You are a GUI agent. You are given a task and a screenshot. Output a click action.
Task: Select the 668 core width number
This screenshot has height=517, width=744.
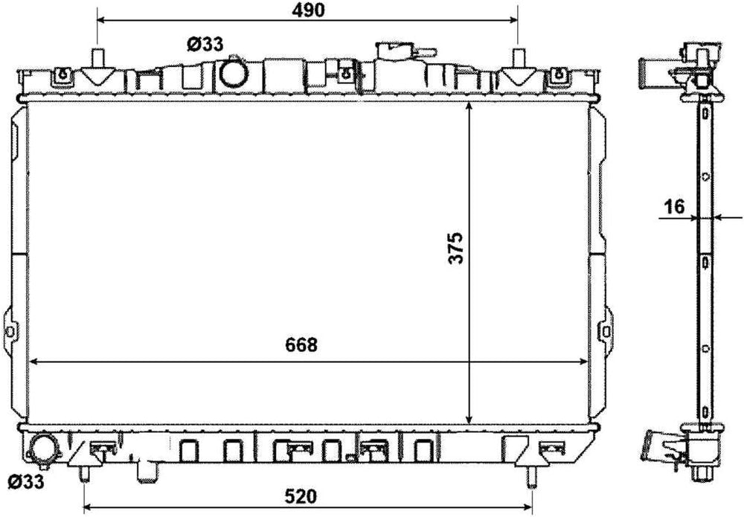pyautogui.click(x=301, y=345)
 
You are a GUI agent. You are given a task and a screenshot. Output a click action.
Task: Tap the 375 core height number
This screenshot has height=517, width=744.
pyautogui.click(x=456, y=248)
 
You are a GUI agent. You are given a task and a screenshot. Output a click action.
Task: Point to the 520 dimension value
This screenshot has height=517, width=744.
pyautogui.click(x=301, y=497)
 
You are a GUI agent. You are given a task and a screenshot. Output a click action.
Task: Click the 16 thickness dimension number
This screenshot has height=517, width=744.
pyautogui.click(x=674, y=207)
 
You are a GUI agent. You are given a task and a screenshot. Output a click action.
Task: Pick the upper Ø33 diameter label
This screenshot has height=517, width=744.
pyautogui.click(x=205, y=45)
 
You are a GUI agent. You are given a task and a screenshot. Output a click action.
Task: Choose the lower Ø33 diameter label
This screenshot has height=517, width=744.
pyautogui.click(x=26, y=482)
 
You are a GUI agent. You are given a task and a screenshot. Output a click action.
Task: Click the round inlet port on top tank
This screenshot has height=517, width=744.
pyautogui.click(x=234, y=73)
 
